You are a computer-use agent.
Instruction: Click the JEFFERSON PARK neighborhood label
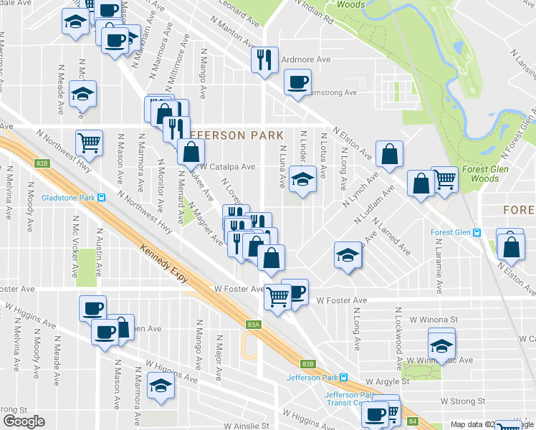232,135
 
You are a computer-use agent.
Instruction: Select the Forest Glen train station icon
477,232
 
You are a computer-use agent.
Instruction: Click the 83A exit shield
253,325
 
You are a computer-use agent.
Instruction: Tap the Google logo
24,421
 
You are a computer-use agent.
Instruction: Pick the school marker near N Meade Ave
84,95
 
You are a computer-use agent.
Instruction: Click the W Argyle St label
386,381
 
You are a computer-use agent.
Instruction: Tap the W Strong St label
463,401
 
